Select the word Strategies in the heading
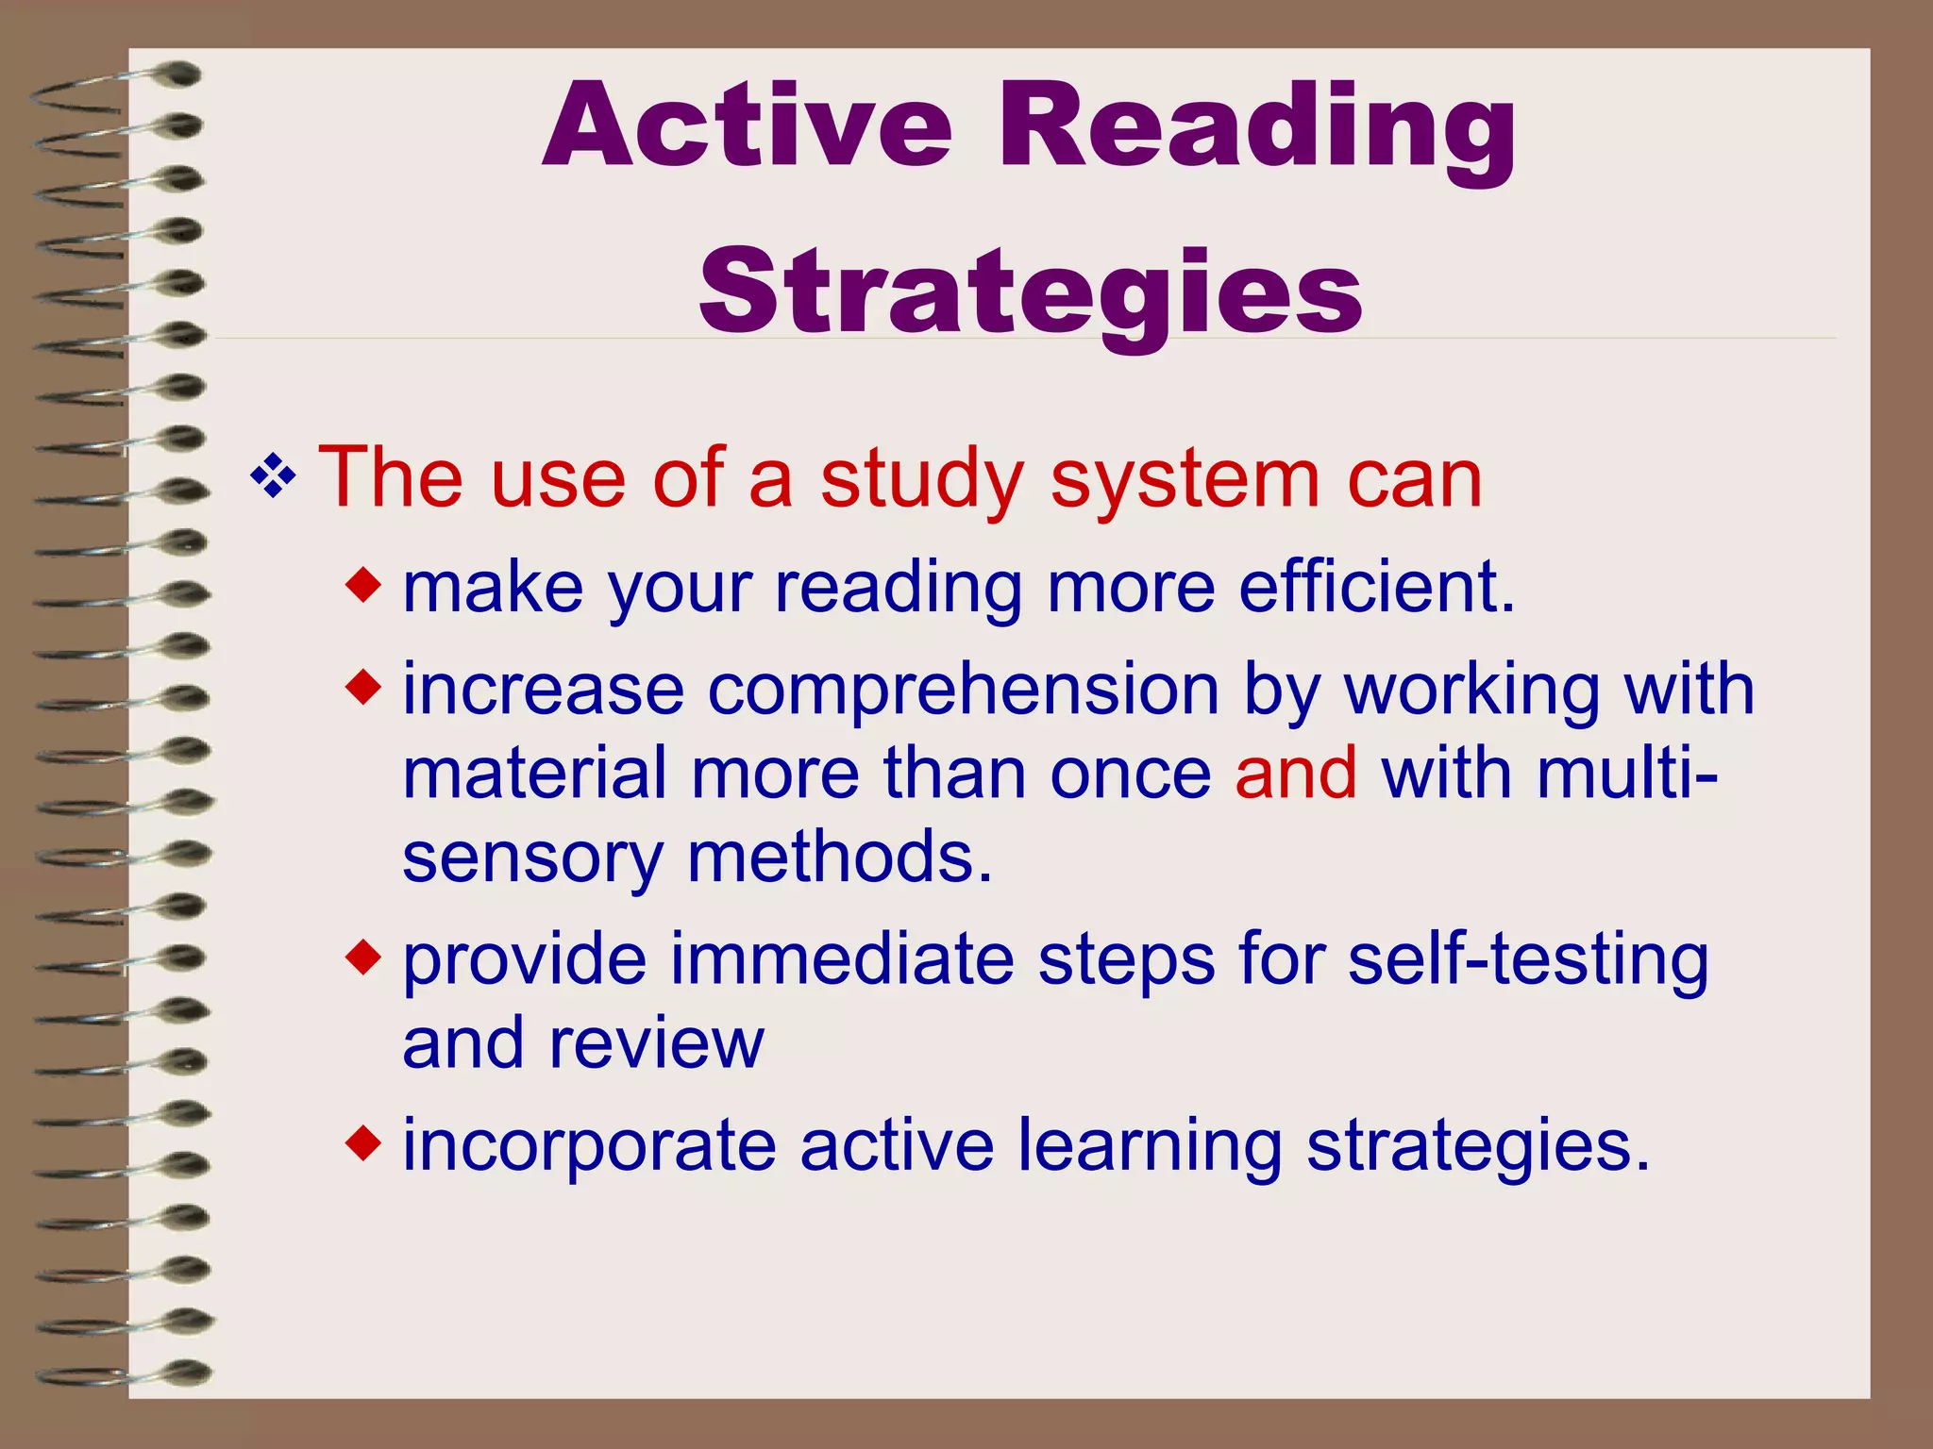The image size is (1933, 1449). [1030, 293]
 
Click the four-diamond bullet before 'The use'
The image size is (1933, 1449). [273, 477]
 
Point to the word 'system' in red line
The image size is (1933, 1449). [1185, 481]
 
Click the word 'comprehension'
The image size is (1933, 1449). [963, 691]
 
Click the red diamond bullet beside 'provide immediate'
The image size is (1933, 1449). [363, 958]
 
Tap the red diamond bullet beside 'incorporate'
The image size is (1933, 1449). [363, 1143]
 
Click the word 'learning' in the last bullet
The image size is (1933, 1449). [1150, 1147]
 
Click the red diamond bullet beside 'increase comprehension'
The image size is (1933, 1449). [363, 688]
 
